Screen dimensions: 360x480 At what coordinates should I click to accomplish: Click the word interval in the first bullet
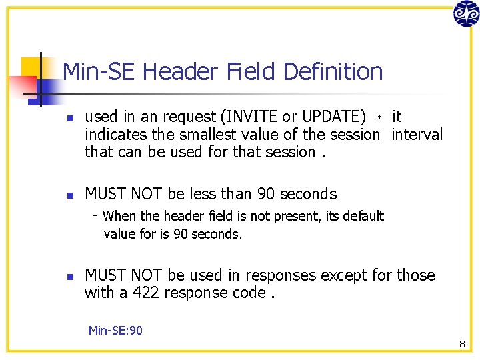tap(417, 135)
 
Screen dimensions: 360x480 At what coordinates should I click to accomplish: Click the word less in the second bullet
tap(202, 194)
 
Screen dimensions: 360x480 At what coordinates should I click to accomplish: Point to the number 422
tap(146, 293)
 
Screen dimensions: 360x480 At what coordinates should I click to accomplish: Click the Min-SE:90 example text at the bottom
tap(115, 330)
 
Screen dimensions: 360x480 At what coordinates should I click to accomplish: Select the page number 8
tap(461, 344)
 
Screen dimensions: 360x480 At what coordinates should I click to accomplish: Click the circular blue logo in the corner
tap(466, 13)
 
